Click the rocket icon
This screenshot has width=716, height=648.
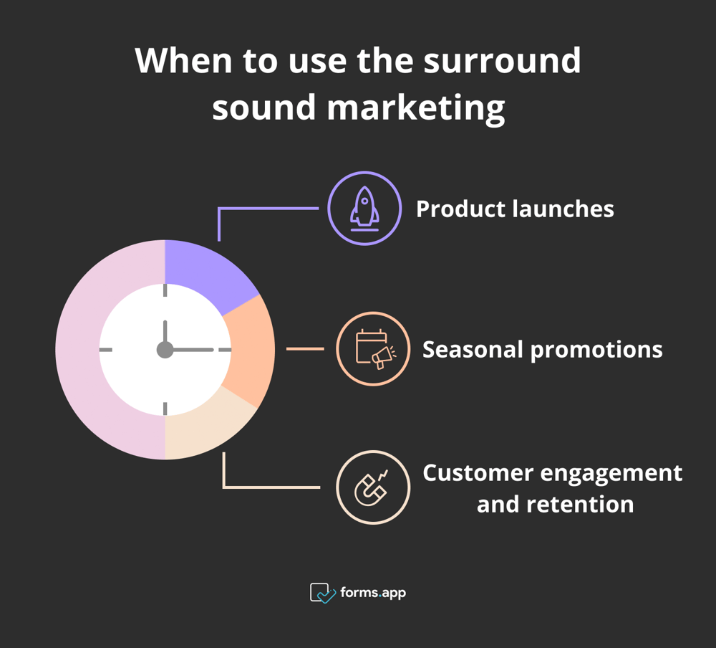tap(364, 208)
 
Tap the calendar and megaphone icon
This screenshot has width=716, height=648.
tap(372, 349)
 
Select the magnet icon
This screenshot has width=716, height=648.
tap(372, 487)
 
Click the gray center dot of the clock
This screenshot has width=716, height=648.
tap(165, 350)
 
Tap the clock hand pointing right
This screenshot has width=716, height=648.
tap(193, 350)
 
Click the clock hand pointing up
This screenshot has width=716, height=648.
tap(165, 333)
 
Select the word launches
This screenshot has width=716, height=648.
tap(563, 209)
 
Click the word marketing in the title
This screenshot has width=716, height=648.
tap(416, 108)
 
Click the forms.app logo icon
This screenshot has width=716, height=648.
tap(322, 593)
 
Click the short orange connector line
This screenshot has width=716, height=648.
tap(305, 349)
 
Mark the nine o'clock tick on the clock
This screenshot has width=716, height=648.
tap(106, 350)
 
